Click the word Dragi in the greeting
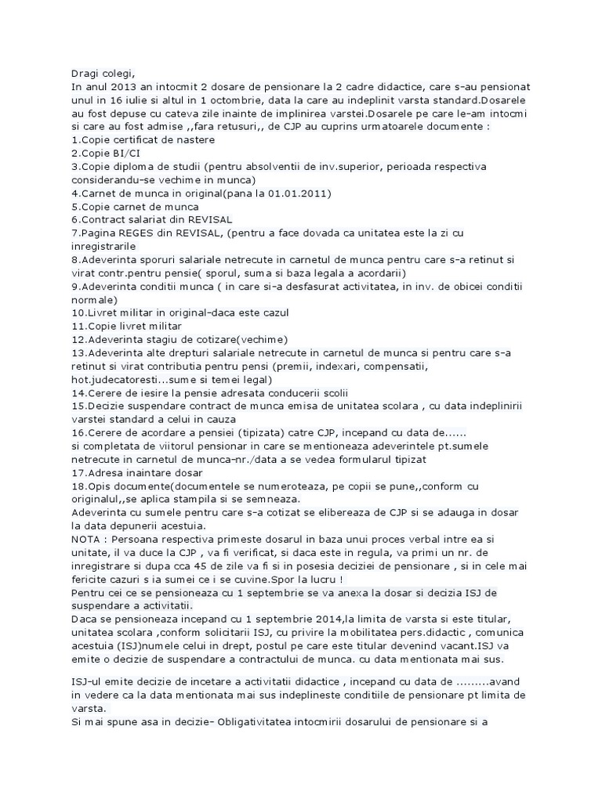(x=85, y=73)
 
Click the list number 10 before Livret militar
(x=78, y=312)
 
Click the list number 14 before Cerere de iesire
(x=78, y=392)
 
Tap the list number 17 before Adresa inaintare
(x=78, y=471)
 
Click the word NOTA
(x=88, y=539)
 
